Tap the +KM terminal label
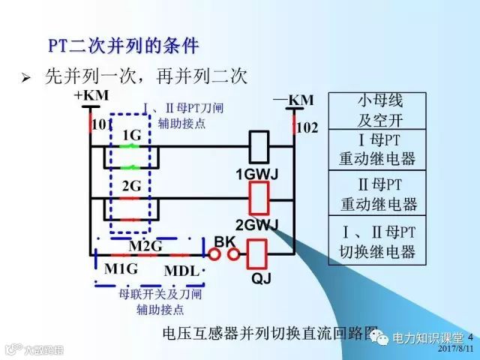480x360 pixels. click(x=92, y=95)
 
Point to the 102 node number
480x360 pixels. click(x=307, y=128)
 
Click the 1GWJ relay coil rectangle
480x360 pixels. click(x=259, y=146)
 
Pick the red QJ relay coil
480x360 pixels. click(x=258, y=253)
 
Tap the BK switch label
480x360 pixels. click(x=225, y=241)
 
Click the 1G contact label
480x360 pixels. click(x=131, y=135)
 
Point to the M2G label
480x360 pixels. click(x=145, y=245)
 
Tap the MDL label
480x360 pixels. click(x=181, y=269)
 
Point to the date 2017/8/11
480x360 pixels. click(x=454, y=349)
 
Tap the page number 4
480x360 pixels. click(x=470, y=337)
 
